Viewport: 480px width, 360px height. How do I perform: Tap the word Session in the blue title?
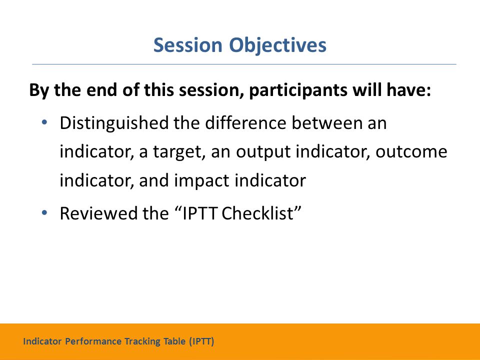coord(187,45)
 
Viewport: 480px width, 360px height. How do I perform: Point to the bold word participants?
coord(298,91)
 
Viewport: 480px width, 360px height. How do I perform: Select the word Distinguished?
coord(114,123)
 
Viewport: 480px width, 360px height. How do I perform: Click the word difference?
coord(245,123)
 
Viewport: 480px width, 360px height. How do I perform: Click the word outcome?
coord(411,152)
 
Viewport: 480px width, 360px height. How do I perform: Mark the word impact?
coord(201,181)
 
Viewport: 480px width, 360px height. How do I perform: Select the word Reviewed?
coord(98,213)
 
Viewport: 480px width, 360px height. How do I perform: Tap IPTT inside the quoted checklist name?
coord(200,213)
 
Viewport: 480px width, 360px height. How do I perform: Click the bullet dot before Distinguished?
coord(44,122)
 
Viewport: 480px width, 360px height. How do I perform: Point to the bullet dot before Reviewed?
coord(44,212)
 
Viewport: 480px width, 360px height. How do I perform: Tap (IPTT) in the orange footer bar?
coord(201,341)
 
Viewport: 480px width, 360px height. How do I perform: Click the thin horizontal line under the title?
coord(244,64)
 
